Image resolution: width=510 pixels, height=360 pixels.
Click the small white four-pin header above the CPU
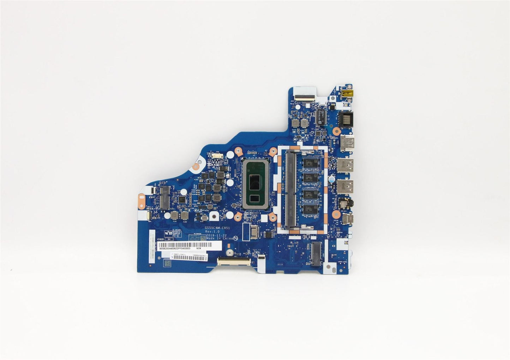coord(216,155)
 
